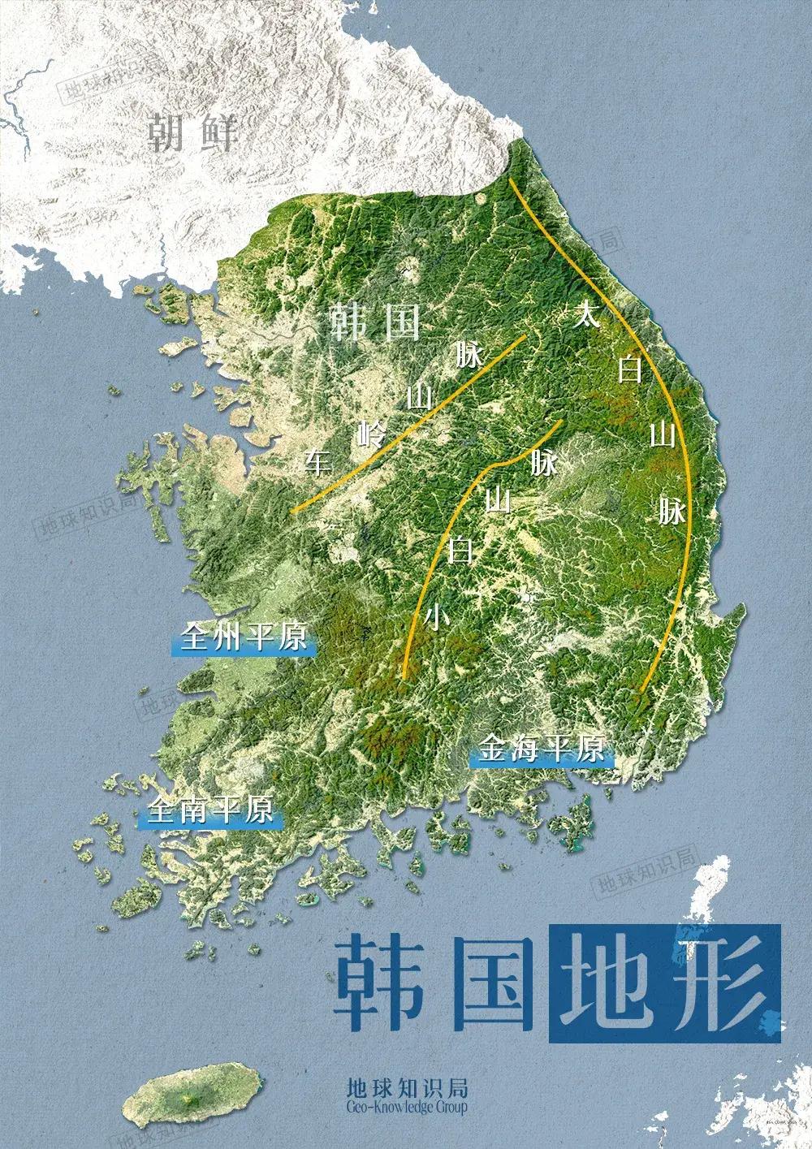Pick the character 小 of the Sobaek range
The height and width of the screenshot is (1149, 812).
436,619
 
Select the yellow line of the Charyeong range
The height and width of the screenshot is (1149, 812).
406,424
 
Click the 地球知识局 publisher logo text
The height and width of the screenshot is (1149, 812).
406,1086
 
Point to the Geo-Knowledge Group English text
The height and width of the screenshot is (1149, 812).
406,1106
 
